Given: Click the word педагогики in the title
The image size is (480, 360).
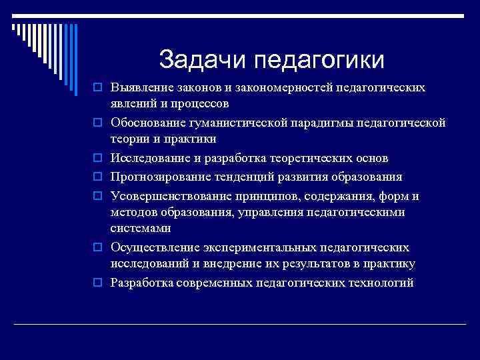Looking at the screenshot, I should tap(320, 61).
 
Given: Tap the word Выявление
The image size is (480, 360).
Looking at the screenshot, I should tap(142, 87).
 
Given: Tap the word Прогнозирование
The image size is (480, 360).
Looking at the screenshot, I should tap(158, 177).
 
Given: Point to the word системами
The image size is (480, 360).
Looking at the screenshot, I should tap(141, 229).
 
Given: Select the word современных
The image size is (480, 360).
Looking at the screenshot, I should tap(214, 283).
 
